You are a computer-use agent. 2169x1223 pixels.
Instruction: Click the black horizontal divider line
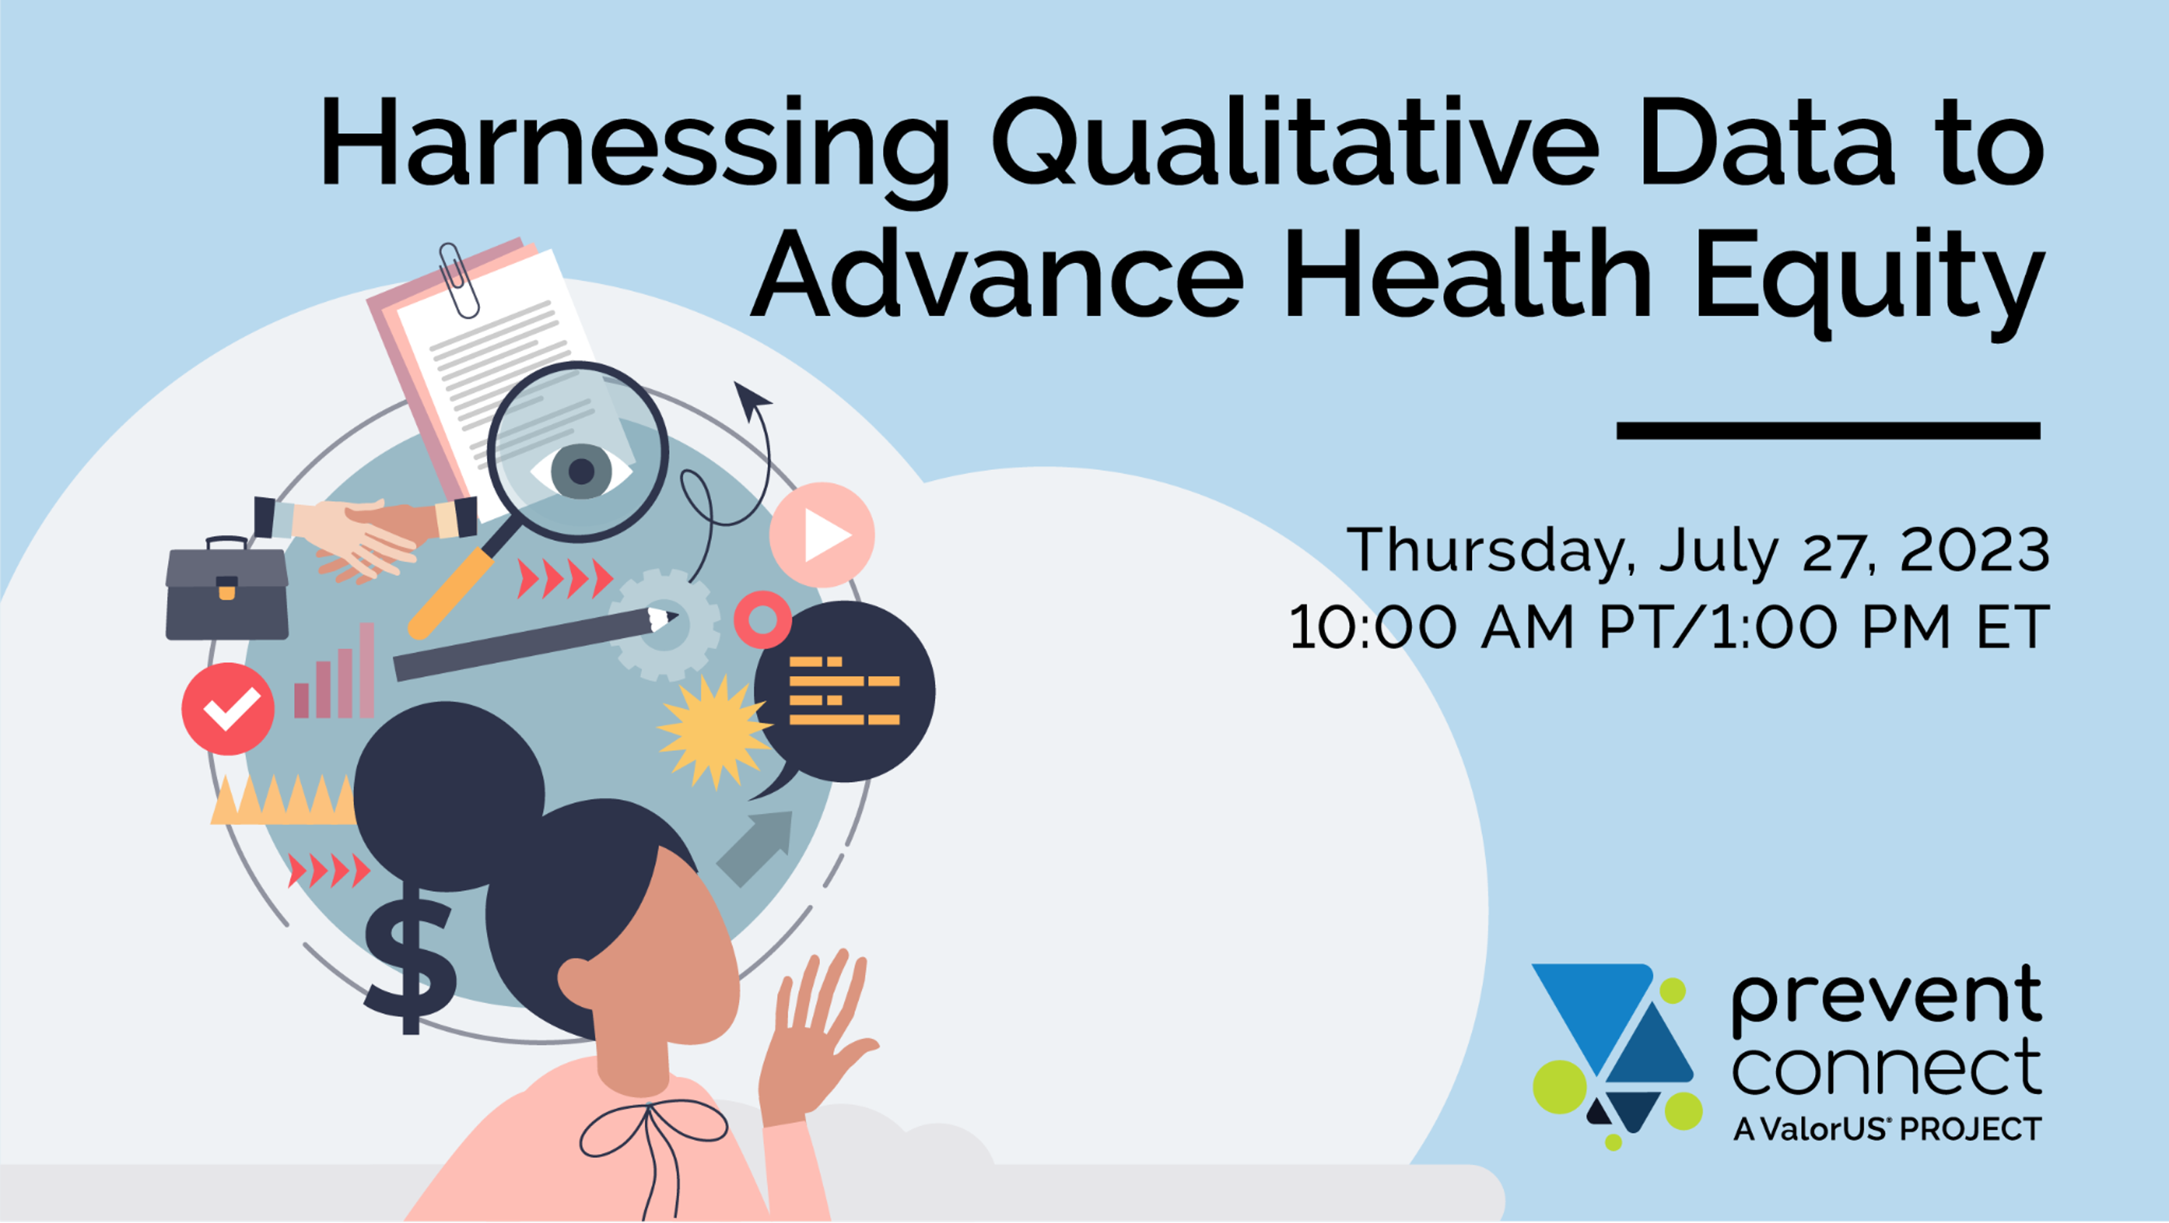click(x=1828, y=430)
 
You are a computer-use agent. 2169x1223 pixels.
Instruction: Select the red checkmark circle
click(x=227, y=708)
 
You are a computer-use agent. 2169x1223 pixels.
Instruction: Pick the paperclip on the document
click(x=459, y=280)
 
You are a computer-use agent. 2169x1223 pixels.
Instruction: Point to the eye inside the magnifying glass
click(x=581, y=470)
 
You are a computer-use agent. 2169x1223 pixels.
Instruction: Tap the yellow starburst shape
click(x=714, y=731)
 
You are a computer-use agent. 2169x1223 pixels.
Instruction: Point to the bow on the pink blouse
click(x=653, y=1137)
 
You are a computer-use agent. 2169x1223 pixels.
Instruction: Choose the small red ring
click(x=763, y=620)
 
